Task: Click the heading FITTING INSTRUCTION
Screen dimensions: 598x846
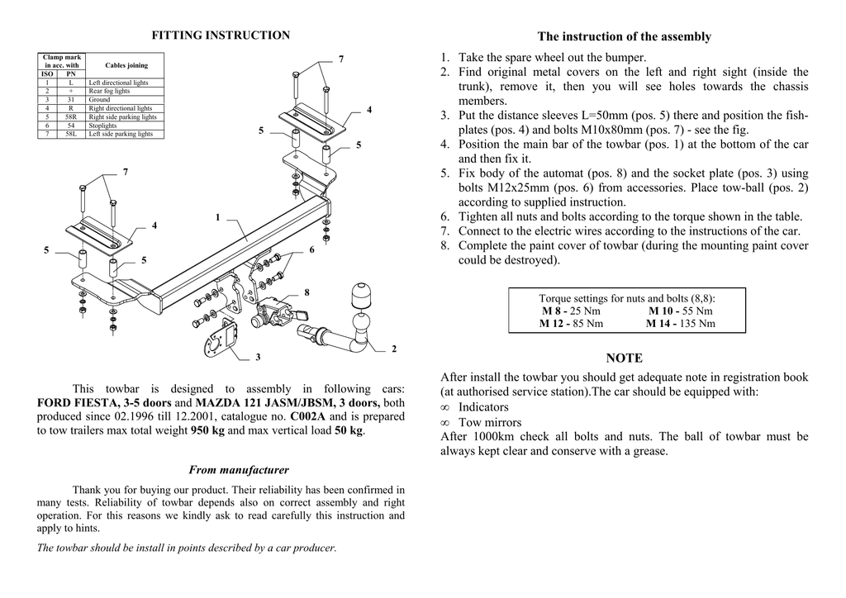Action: [x=221, y=36]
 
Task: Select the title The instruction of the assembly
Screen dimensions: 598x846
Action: [x=624, y=36]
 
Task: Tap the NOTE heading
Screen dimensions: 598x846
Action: [x=624, y=358]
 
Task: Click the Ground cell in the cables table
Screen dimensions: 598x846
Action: [x=99, y=100]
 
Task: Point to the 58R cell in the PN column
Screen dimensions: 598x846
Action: [x=71, y=116]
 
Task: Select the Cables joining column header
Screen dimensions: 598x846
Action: [x=126, y=65]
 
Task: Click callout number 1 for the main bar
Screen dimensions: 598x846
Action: [x=217, y=217]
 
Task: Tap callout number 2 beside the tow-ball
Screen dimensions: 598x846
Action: [x=394, y=349]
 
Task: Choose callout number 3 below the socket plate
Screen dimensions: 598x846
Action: [x=258, y=357]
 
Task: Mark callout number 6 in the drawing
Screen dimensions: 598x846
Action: [x=311, y=249]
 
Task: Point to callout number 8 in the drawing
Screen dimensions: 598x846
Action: [x=307, y=292]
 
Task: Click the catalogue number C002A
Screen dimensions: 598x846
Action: [x=308, y=416]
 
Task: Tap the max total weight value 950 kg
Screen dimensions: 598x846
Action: [x=207, y=430]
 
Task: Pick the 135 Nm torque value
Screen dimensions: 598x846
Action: [x=698, y=324]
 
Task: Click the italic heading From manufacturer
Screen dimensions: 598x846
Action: [x=227, y=470]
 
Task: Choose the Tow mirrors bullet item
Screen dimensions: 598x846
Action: [x=490, y=422]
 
